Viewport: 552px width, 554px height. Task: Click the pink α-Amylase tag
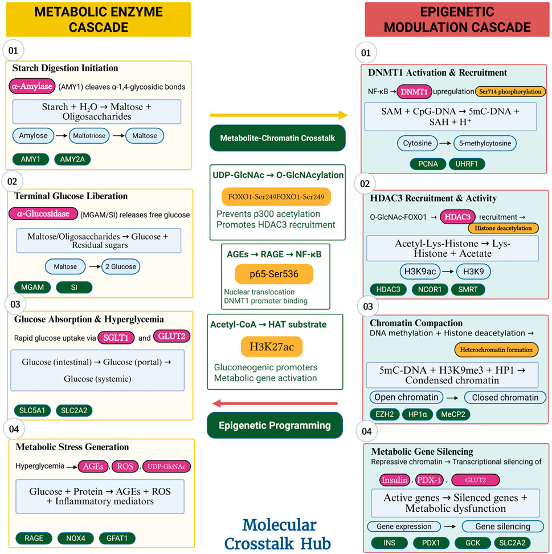point(32,87)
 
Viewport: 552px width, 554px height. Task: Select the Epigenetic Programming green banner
point(276,425)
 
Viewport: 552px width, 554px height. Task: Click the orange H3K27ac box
point(272,346)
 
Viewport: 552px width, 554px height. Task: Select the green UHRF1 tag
point(467,163)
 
